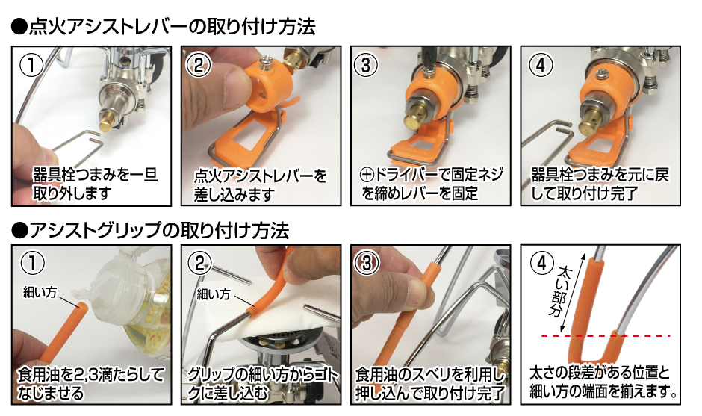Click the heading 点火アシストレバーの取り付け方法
pyautogui.click(x=164, y=27)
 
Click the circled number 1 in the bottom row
pyautogui.click(x=31, y=261)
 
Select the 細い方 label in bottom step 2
pyautogui.click(x=213, y=294)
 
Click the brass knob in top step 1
pyautogui.click(x=108, y=117)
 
